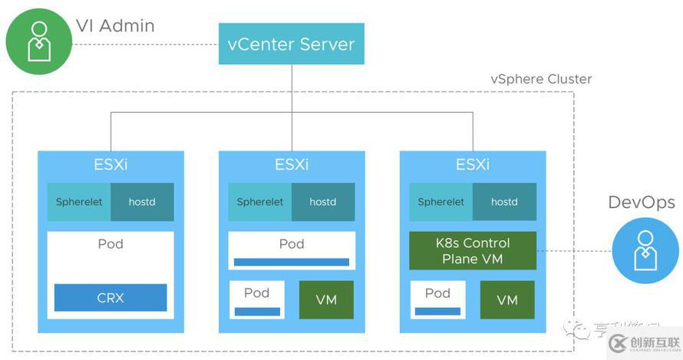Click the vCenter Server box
point(291,43)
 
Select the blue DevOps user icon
point(645,249)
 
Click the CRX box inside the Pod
point(111,297)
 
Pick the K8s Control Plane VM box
point(472,251)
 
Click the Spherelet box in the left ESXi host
point(78,202)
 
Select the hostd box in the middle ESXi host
point(323,202)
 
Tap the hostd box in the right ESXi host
point(504,202)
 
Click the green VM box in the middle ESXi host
point(326,299)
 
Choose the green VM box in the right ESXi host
point(507,299)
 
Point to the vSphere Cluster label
point(541,79)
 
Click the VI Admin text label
point(115,26)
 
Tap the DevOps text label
point(642,203)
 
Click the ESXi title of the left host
point(111,164)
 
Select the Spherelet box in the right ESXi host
point(440,202)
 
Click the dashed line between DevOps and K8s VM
point(574,250)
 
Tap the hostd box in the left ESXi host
point(142,202)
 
